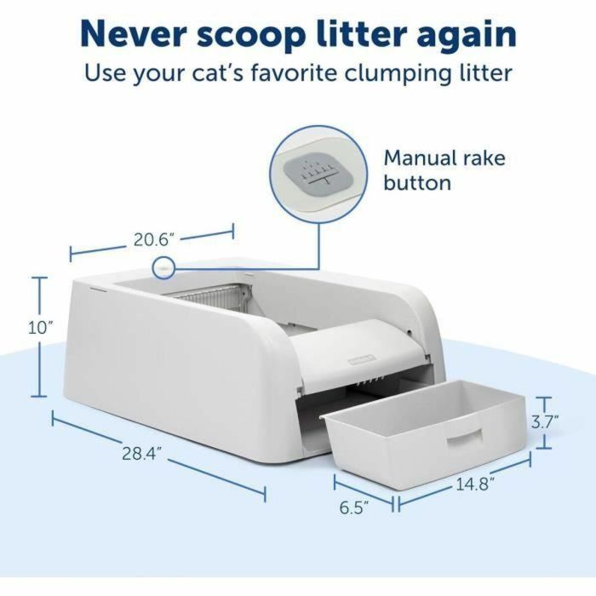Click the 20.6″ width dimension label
tap(153, 239)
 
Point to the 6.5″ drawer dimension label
tap(353, 508)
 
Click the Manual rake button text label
tap(444, 170)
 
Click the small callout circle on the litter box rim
tap(161, 268)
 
